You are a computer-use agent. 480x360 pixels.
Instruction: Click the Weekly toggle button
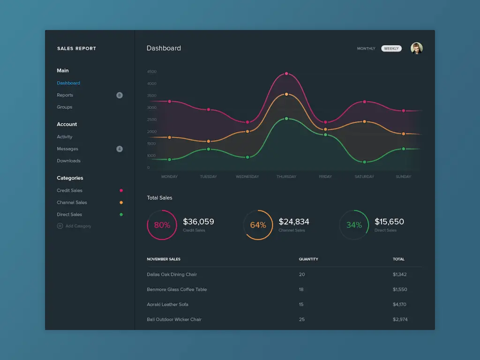(391, 48)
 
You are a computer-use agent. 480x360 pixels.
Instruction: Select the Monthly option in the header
(366, 48)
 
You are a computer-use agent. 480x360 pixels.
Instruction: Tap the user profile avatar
(416, 48)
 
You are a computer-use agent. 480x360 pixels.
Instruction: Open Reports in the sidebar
(65, 95)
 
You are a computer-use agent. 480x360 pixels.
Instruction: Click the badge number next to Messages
(120, 149)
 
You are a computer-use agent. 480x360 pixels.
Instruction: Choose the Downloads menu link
(69, 161)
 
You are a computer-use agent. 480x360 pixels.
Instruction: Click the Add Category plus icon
(60, 226)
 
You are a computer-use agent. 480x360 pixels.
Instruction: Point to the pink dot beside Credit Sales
(121, 190)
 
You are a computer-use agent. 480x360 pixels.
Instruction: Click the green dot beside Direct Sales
(121, 215)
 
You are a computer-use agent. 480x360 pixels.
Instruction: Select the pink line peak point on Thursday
(286, 74)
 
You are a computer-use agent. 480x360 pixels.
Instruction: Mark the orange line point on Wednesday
(247, 131)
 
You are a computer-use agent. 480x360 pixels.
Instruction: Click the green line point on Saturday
(364, 162)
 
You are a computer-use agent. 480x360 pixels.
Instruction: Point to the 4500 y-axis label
(152, 72)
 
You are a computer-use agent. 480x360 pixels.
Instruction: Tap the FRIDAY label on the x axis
(325, 177)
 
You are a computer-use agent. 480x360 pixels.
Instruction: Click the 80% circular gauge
(162, 225)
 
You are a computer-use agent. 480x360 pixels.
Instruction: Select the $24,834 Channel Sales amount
(294, 222)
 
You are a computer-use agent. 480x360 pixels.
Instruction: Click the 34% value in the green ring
(354, 225)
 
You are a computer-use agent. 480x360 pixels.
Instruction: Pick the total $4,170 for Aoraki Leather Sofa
(400, 304)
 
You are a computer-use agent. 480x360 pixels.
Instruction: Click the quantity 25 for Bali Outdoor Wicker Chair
(301, 319)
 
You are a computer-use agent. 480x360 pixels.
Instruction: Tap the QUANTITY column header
(308, 259)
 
